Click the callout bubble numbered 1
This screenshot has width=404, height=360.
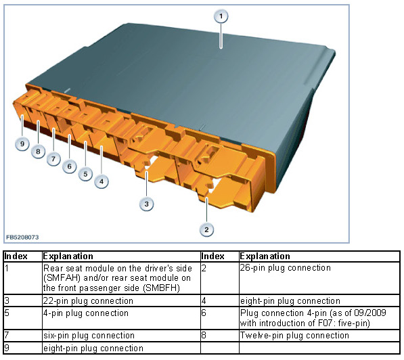[x=221, y=16]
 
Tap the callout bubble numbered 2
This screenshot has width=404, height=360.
[x=206, y=229]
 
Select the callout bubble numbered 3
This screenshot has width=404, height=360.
[x=146, y=204]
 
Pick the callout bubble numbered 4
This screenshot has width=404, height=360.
[x=102, y=181]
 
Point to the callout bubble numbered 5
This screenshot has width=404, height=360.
[x=85, y=174]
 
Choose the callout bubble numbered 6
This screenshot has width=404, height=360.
[x=69, y=166]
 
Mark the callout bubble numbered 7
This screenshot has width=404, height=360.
[x=53, y=159]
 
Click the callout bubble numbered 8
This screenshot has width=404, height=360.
[x=38, y=152]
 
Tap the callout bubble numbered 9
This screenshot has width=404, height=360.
[x=22, y=143]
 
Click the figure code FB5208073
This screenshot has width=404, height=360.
[x=22, y=237]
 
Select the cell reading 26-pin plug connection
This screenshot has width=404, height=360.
[x=285, y=268]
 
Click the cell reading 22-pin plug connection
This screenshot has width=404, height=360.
[x=88, y=300]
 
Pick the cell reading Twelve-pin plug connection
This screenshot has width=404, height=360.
[x=294, y=335]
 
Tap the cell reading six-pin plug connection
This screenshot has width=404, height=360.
[x=89, y=335]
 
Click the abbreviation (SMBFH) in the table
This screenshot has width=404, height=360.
[x=161, y=288]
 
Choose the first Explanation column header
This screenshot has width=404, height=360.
[x=68, y=256]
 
